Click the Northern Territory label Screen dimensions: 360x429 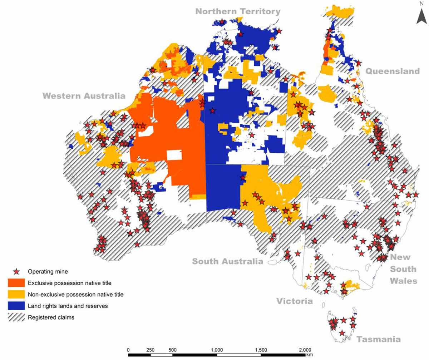[238, 11]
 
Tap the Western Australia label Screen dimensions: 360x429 [84, 96]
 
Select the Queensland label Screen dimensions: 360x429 [392, 71]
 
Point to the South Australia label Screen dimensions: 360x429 [228, 261]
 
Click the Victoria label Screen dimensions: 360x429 [295, 301]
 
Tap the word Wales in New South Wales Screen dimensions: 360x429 [403, 281]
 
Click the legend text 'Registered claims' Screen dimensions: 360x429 [51, 317]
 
